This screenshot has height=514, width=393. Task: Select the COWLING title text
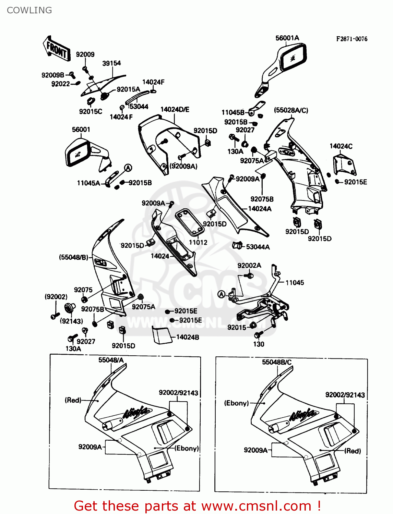tap(29, 10)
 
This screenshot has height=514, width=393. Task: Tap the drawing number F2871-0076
tap(352, 39)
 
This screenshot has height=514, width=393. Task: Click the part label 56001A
tap(287, 38)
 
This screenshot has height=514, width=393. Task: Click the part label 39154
tap(111, 63)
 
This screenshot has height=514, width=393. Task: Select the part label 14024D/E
tap(175, 110)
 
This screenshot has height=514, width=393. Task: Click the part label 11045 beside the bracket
tap(295, 283)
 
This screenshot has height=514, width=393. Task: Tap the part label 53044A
tap(258, 247)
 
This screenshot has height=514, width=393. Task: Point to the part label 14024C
tap(341, 146)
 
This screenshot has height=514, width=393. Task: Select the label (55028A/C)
tap(291, 110)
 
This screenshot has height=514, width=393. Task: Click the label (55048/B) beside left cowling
tap(73, 257)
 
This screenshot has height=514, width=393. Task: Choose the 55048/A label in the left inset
tap(111, 360)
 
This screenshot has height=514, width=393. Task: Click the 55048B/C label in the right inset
tap(277, 362)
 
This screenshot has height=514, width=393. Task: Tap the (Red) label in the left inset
tap(73, 400)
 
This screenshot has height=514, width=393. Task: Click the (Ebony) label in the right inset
tap(236, 403)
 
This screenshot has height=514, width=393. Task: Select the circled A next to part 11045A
tap(128, 168)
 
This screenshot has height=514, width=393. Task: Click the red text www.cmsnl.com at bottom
tap(256, 506)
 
